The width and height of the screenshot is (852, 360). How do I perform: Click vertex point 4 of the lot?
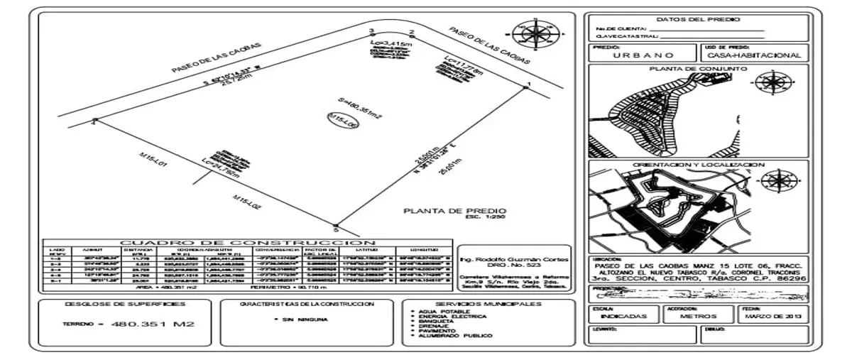(94, 121)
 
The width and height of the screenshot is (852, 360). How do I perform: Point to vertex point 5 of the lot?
(336, 227)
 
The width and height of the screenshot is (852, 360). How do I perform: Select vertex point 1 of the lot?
(526, 87)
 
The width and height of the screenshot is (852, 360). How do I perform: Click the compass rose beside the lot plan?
(531, 32)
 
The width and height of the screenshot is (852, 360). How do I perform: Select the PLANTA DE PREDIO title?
(454, 210)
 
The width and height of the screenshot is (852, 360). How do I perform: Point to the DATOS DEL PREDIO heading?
(697, 20)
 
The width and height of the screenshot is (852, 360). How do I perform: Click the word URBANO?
(644, 55)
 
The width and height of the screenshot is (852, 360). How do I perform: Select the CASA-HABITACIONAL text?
(754, 55)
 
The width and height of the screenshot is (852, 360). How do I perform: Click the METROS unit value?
(697, 316)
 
